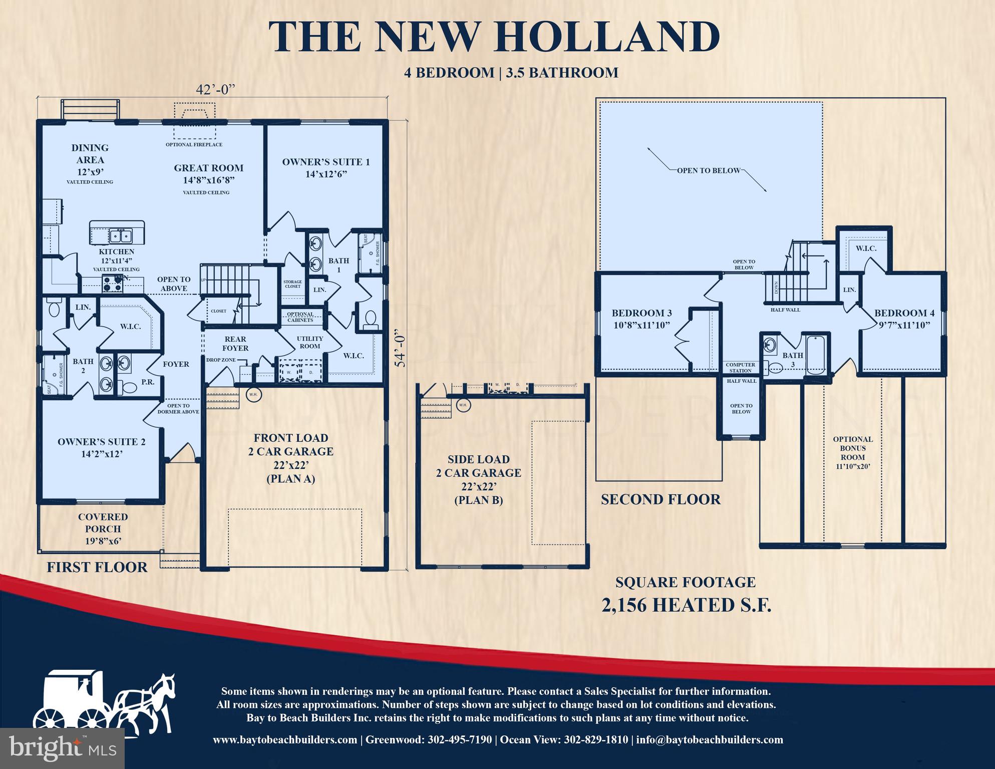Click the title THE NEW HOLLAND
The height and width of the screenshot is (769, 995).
click(x=494, y=37)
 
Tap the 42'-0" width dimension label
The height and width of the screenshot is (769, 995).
click(x=215, y=90)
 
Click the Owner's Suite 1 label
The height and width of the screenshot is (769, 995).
click(x=326, y=167)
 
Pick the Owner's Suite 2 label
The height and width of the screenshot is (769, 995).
click(x=101, y=447)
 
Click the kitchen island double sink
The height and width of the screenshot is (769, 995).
click(x=120, y=235)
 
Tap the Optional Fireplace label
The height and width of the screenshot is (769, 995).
click(x=194, y=145)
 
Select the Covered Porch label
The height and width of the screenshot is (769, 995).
click(x=103, y=529)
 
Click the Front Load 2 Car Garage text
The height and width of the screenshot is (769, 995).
click(x=290, y=458)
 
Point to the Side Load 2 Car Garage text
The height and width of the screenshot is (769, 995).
click(x=478, y=479)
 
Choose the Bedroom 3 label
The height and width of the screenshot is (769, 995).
click(x=641, y=319)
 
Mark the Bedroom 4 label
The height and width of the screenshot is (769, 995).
click(x=904, y=319)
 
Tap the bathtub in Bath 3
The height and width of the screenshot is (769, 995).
click(x=816, y=354)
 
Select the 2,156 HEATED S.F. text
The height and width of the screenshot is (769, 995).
click(x=686, y=605)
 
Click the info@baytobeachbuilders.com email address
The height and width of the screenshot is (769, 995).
click(x=710, y=740)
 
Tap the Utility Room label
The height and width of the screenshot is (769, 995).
click(x=309, y=342)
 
